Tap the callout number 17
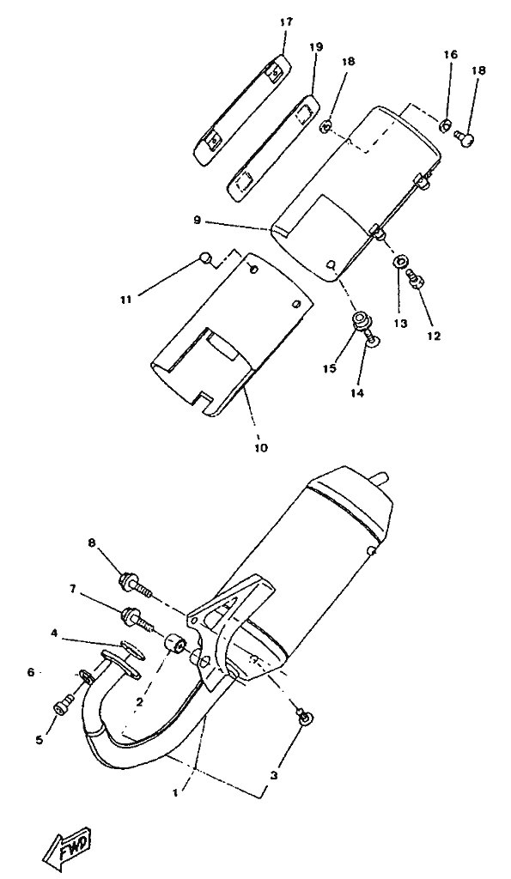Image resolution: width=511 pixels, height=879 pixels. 286,22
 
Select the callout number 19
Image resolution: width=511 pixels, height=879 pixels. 316,47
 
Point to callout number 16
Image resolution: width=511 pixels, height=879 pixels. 450,54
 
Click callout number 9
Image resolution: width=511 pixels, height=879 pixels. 197,220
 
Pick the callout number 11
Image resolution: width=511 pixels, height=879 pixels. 125,300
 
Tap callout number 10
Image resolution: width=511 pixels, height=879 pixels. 261,447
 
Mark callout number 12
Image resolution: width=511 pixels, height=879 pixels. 434,336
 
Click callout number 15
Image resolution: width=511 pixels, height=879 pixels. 329,368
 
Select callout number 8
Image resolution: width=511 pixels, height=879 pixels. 91,543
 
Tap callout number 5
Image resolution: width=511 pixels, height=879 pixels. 40,740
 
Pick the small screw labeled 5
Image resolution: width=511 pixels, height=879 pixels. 62,704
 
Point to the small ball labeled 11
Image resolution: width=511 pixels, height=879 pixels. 206,258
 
